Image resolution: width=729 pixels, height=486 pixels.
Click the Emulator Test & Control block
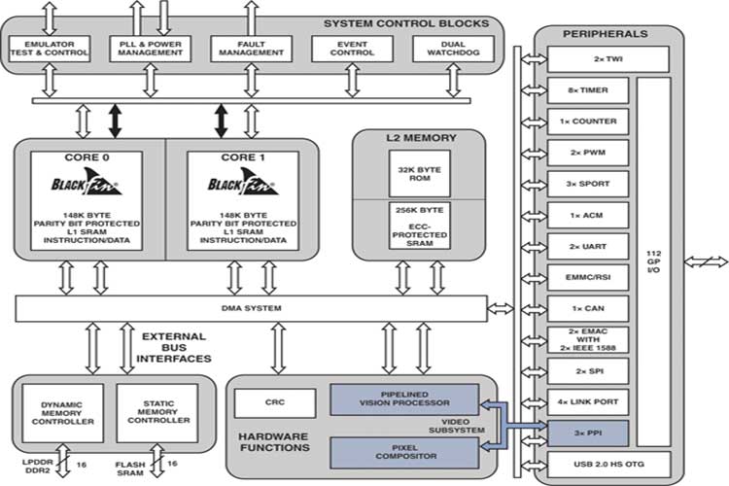tap(50, 48)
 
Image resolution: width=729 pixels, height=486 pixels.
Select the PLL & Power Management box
tap(152, 48)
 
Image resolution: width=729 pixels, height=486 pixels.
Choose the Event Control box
tap(353, 48)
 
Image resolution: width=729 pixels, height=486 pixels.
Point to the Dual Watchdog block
tap(452, 48)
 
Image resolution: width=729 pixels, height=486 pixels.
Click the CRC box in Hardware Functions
tap(274, 401)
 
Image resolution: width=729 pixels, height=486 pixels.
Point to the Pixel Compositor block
tap(404, 452)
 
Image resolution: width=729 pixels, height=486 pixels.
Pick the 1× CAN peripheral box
tap(589, 308)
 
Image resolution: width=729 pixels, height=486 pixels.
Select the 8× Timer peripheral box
tap(589, 90)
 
